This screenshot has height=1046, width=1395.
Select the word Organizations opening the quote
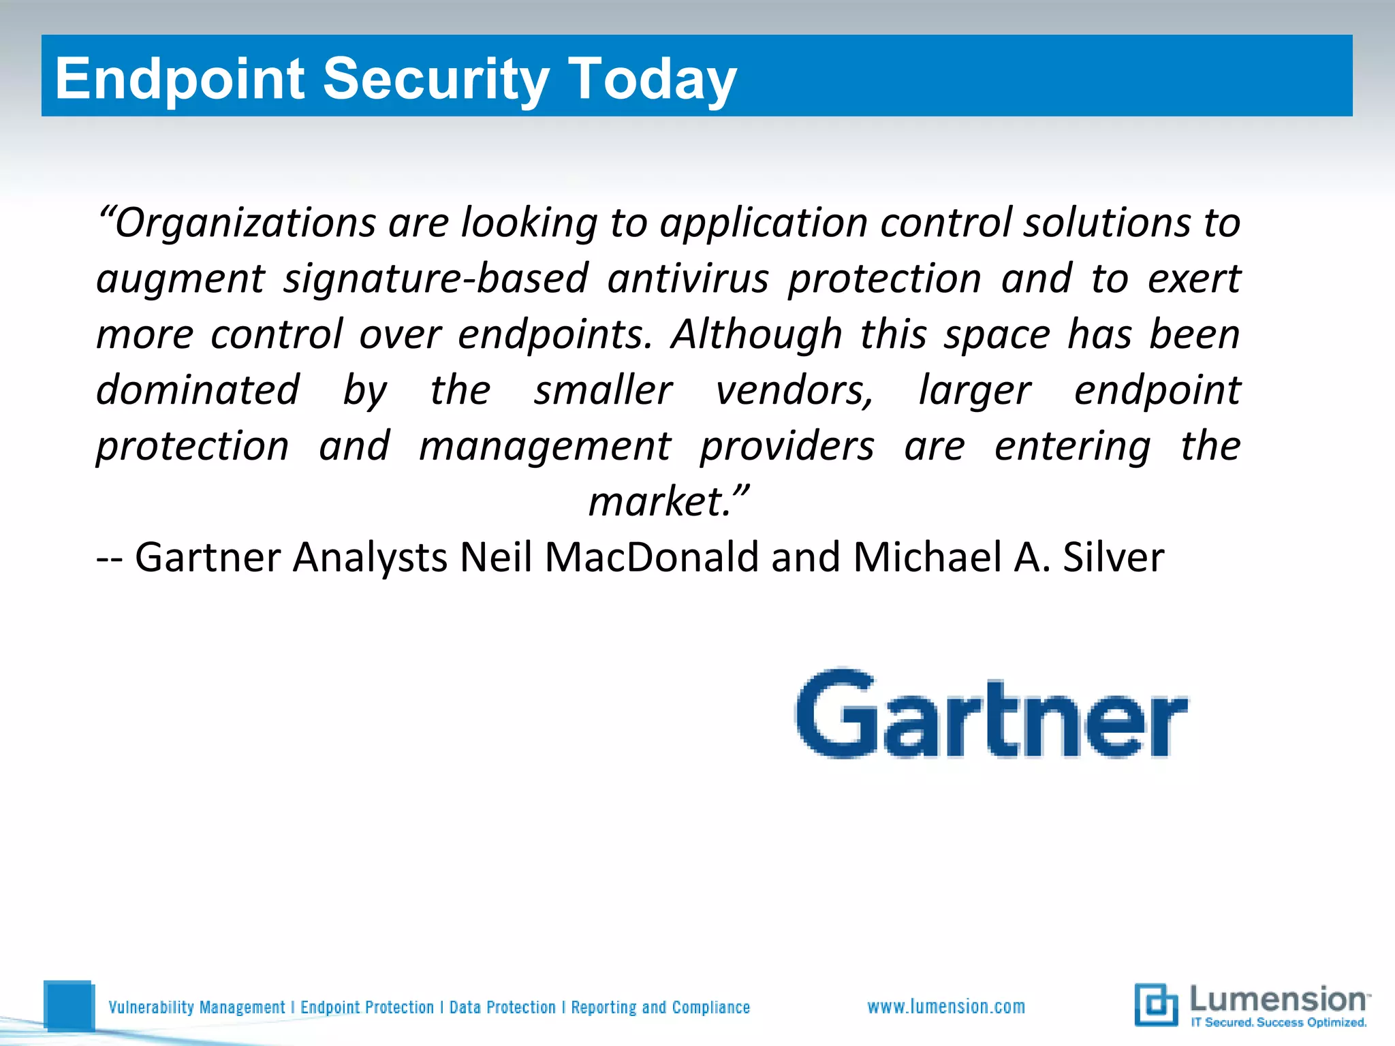(245, 223)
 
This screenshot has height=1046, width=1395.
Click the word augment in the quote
(180, 279)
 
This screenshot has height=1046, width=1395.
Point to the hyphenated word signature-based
(436, 279)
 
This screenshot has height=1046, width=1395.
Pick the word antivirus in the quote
(688, 279)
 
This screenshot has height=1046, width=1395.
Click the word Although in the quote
(757, 334)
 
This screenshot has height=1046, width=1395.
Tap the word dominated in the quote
(198, 390)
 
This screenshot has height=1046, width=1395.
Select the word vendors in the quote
(794, 390)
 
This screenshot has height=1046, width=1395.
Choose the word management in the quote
(545, 446)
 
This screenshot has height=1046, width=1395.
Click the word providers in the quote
(787, 446)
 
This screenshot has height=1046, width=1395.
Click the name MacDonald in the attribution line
(651, 558)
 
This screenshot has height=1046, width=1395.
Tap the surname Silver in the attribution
(1113, 558)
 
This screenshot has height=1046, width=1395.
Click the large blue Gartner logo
(992, 713)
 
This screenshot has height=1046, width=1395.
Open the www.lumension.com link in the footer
(946, 1007)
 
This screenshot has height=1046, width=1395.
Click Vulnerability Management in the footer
(197, 1007)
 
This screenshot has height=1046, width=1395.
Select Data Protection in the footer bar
(502, 1007)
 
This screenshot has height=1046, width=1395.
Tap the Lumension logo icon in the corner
(1156, 1004)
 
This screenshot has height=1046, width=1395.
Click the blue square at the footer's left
(68, 1005)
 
